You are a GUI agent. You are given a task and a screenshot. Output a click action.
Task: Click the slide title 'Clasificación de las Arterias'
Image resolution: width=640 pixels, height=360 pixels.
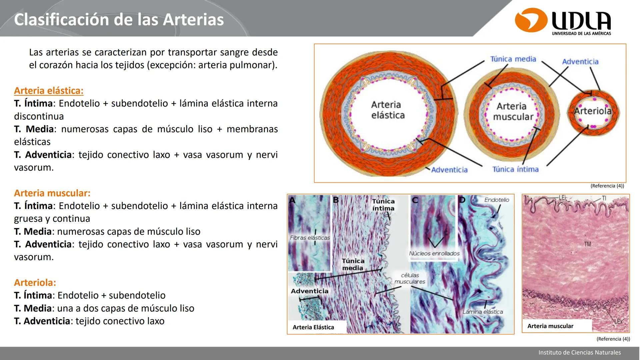coord(119,20)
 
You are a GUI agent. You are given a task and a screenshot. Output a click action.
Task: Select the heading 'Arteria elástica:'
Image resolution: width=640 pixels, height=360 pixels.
coord(49,91)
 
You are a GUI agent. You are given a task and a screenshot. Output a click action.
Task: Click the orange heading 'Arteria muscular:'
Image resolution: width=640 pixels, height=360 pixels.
coord(52,193)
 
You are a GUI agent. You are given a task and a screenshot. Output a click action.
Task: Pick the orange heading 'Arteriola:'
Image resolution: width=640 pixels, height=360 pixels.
coord(35,283)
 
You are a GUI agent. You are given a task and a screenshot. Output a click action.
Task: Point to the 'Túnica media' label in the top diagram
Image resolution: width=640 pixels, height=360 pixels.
coord(513,59)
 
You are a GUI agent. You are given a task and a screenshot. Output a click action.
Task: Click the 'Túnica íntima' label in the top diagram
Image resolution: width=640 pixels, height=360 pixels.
coord(515,169)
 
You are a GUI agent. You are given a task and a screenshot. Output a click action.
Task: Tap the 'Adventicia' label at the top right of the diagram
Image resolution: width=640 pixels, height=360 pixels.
coord(580,62)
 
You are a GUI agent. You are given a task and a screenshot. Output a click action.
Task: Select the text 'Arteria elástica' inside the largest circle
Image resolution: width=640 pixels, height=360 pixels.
coord(388,110)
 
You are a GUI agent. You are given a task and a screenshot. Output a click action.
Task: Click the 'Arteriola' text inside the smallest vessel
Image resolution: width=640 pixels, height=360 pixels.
coord(593,111)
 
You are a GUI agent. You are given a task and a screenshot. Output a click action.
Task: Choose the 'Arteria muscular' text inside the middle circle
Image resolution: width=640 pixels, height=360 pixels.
coord(512,112)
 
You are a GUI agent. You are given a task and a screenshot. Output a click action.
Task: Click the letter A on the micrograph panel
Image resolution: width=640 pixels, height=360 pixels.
coord(292,200)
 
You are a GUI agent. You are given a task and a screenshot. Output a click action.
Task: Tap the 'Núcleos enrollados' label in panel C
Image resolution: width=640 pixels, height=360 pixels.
coord(434,254)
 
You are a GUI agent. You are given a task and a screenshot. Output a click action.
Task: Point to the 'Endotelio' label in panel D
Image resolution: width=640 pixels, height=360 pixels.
coord(496,200)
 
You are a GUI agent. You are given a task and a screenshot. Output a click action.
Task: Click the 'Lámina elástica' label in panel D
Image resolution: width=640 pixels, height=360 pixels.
coord(482,312)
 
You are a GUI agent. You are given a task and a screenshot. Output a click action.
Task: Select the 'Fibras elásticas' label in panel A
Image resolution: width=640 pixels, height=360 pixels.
coord(310,238)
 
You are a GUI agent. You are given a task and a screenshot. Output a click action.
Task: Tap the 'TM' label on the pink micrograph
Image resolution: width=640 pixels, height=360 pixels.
coord(587,244)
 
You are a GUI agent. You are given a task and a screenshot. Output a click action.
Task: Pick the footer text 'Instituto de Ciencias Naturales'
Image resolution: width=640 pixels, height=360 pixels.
coord(579,352)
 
